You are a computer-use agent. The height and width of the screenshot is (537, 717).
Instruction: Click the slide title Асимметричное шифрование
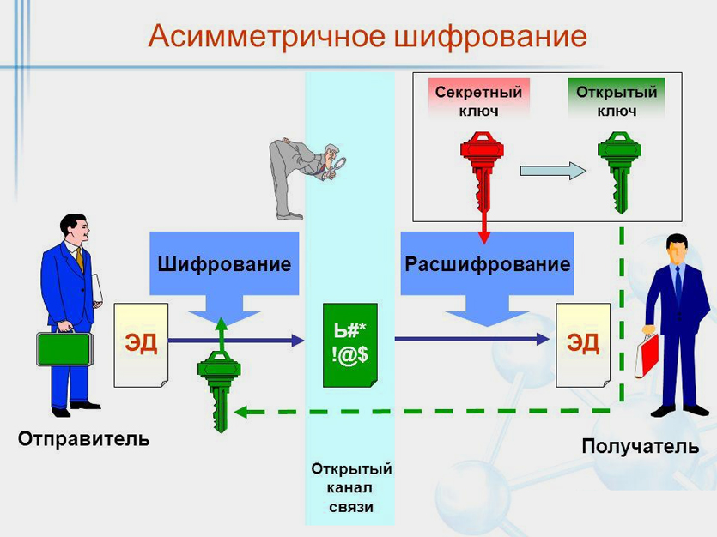367,36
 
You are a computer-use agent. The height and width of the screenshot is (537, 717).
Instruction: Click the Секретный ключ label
478,101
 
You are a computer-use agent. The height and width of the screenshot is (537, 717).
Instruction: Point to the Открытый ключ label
617,101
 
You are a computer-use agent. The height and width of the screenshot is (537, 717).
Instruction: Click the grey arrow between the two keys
553,171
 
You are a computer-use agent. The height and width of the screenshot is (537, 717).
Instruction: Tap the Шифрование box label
224,264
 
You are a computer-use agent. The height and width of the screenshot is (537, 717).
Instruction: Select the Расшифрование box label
487,264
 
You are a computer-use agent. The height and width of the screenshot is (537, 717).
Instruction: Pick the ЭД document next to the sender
141,344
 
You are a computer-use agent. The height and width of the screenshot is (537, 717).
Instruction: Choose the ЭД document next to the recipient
583,344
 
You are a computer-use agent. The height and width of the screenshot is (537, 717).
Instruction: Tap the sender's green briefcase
64,348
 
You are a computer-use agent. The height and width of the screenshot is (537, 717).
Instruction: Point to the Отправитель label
84,439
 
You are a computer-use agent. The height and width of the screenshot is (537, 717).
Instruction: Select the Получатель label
640,447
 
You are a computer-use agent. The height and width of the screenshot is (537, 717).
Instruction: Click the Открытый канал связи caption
351,487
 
